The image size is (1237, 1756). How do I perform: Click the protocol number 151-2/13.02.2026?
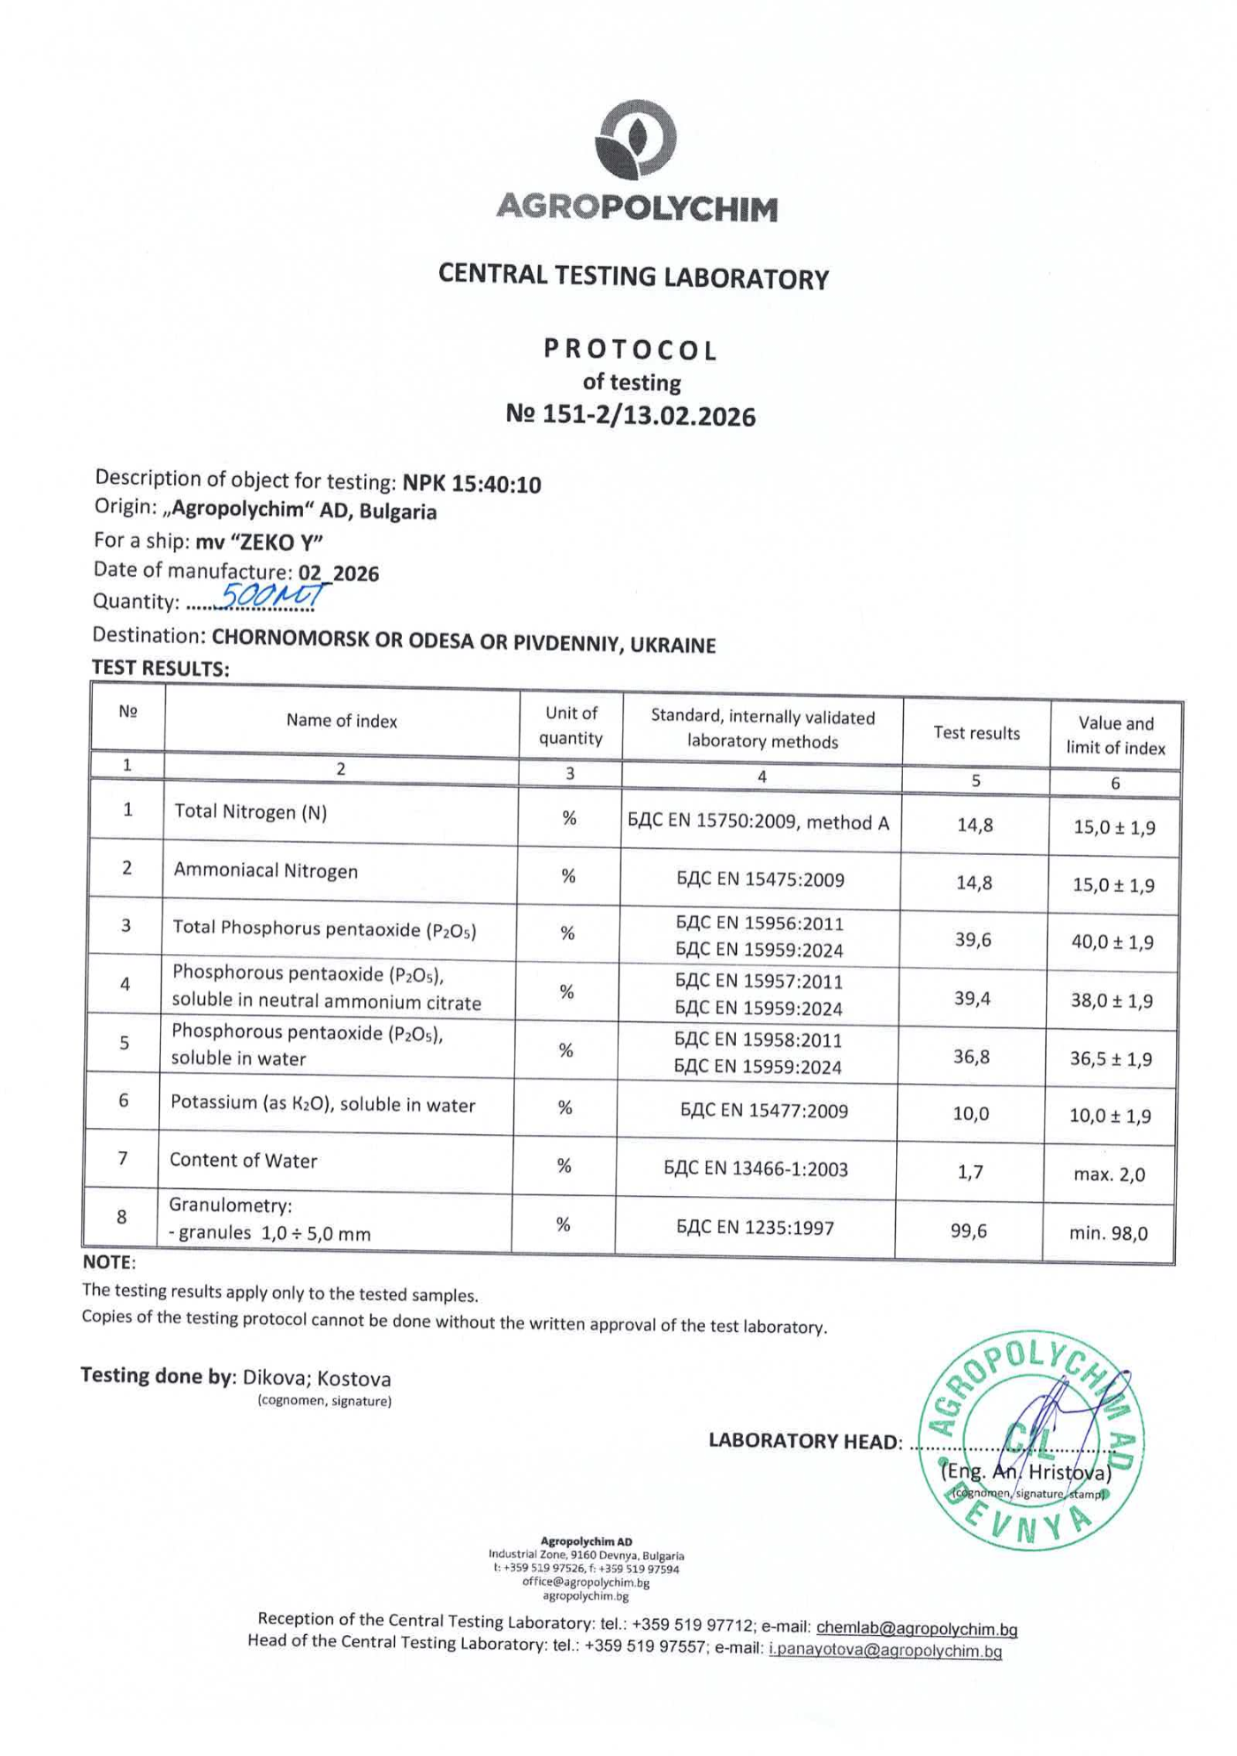click(631, 415)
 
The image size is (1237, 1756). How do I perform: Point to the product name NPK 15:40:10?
click(472, 483)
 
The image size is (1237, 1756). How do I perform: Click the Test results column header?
click(976, 733)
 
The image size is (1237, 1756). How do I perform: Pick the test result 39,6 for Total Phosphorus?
click(973, 940)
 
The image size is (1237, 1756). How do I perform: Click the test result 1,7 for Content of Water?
click(970, 1172)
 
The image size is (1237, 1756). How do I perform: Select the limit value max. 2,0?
click(1109, 1175)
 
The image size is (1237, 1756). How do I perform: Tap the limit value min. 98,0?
click(1108, 1233)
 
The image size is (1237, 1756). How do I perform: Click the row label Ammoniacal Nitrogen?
click(266, 871)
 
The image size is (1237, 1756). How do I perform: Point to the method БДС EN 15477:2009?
click(763, 1111)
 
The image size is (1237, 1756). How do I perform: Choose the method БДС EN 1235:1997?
click(755, 1228)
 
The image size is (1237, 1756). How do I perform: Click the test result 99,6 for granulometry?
click(969, 1230)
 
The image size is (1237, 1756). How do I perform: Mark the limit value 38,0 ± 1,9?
click(1112, 1001)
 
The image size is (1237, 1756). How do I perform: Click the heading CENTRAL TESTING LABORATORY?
click(634, 276)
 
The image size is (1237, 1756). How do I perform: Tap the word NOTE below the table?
click(108, 1262)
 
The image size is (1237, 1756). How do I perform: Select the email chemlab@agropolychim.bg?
click(916, 1628)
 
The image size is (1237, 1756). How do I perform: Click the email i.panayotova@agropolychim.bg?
click(885, 1650)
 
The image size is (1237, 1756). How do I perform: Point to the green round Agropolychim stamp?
click(1031, 1441)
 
